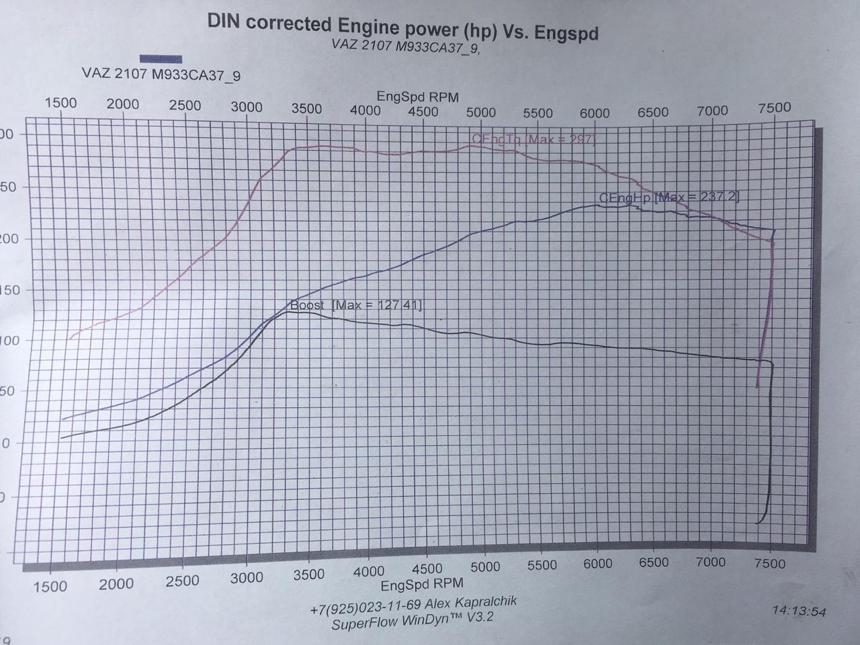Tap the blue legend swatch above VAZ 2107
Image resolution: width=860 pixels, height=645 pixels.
click(161, 59)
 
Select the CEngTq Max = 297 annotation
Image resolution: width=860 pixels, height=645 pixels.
click(533, 139)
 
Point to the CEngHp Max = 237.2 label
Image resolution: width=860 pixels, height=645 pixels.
click(669, 197)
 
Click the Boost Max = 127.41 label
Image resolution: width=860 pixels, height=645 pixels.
click(355, 305)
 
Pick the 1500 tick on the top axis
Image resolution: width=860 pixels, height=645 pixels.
click(60, 103)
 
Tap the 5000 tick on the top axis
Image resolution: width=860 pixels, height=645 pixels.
click(480, 112)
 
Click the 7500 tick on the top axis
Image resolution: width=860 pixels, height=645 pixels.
click(774, 107)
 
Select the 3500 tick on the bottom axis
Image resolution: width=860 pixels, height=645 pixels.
click(308, 574)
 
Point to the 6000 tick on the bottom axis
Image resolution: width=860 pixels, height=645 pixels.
click(597, 564)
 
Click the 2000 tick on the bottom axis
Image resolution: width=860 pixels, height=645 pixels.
click(116, 584)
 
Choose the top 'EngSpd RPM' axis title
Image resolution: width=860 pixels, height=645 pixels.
click(417, 97)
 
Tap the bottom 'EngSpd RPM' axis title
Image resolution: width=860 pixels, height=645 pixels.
click(422, 585)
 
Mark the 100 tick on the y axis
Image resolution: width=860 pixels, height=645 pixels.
click(8, 341)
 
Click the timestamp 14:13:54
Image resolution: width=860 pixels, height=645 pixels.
click(799, 611)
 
